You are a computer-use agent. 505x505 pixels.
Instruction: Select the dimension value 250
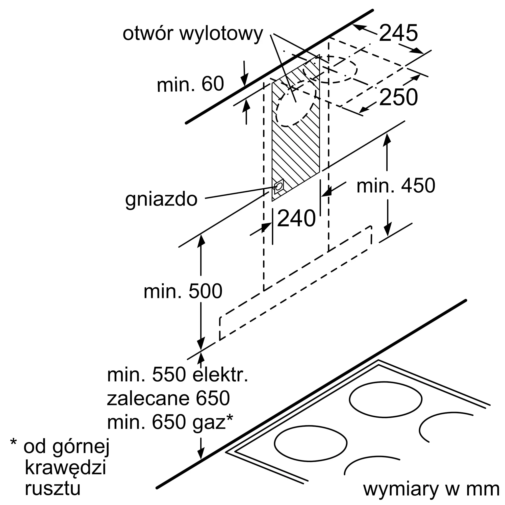coord(398,97)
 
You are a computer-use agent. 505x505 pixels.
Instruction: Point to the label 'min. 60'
coord(190,84)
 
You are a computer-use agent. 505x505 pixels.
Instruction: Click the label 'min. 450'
coord(396,186)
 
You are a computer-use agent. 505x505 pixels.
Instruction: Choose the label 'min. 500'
coord(183,291)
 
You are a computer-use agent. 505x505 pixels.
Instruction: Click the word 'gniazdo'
coord(161,199)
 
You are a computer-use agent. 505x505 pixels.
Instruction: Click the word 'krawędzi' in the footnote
coord(65,468)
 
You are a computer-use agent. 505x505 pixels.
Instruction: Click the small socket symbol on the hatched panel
coord(279,186)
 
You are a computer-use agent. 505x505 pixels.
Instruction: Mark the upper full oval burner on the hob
coord(385,399)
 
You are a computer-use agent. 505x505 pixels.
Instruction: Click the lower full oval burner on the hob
coord(311,443)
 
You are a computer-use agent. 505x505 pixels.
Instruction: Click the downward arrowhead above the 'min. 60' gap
coord(244,80)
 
